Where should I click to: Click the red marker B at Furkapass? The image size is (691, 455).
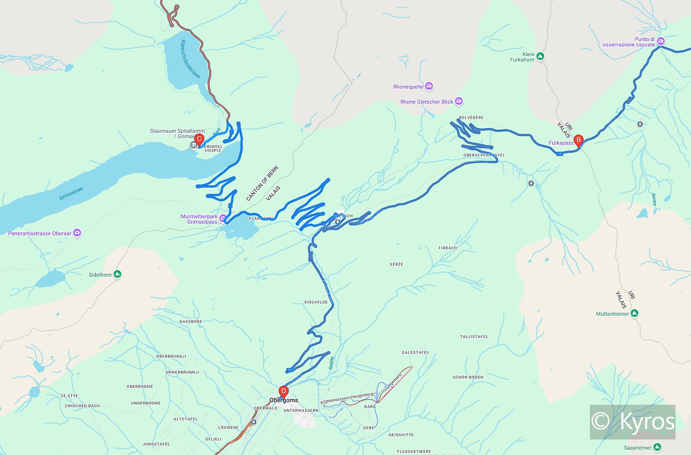point(578,141)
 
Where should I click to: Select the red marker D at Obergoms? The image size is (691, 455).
point(283,391)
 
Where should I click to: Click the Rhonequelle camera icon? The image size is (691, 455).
point(429,86)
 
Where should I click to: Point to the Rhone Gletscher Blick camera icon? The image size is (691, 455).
point(459,101)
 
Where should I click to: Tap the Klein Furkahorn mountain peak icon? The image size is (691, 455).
point(540,56)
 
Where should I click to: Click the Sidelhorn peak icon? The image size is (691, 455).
point(117,274)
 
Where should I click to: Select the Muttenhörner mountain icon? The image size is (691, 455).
point(634,313)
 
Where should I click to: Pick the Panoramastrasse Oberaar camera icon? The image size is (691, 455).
point(77,233)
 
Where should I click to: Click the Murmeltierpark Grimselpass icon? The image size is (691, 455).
point(222,218)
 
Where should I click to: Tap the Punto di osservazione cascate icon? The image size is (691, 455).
point(660,41)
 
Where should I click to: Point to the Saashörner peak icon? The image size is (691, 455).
point(657,447)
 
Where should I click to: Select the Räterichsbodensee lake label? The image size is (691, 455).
point(191,59)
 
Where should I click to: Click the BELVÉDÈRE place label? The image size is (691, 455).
point(471,118)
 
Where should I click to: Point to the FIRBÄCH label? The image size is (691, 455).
point(448,248)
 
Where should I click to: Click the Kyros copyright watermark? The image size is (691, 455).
point(632,422)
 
